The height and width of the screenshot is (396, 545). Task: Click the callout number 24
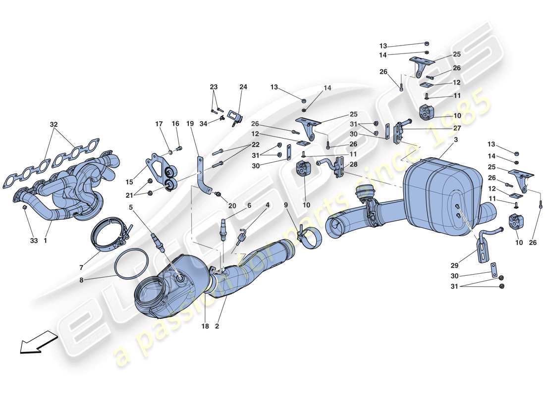(243, 87)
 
